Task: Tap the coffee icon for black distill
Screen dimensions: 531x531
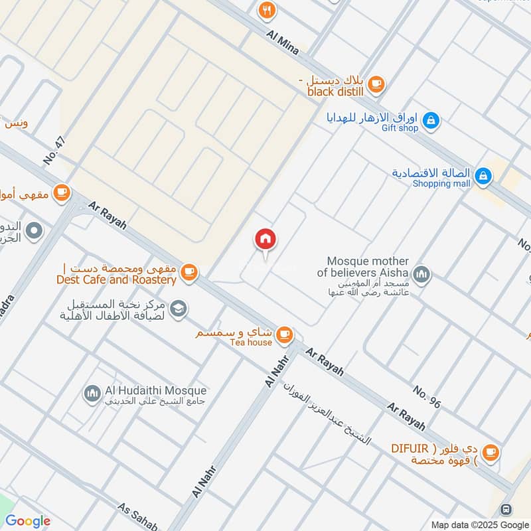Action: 376,84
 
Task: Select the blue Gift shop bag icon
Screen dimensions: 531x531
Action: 431,120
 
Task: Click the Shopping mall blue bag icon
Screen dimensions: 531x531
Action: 484,175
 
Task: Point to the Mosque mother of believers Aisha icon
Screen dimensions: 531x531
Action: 421,273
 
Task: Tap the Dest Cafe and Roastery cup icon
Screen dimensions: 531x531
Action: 189,272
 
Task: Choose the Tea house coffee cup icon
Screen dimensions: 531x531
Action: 285,334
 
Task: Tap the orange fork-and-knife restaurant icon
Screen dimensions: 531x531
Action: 267,9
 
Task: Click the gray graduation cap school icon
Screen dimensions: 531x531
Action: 178,308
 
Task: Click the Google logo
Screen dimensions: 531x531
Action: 28,521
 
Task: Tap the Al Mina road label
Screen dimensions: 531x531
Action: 285,41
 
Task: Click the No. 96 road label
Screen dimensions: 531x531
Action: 427,396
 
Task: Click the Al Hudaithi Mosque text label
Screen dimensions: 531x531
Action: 155,391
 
